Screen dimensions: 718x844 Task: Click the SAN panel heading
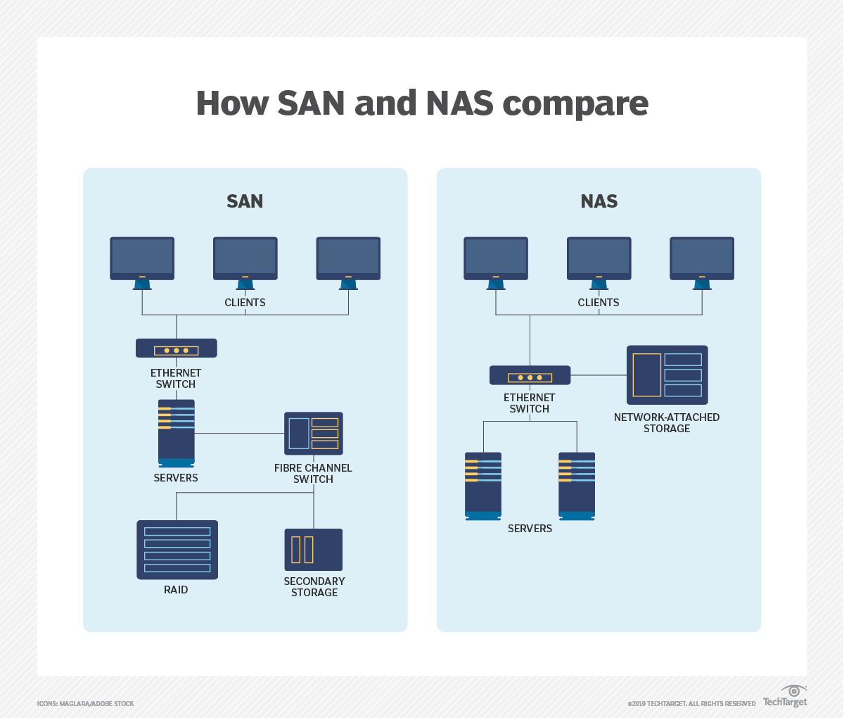point(245,201)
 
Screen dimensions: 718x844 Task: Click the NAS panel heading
point(599,201)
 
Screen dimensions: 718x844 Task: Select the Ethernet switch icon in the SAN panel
point(177,348)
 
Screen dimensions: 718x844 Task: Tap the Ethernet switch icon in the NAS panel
point(530,375)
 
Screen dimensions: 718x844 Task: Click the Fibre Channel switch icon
point(314,434)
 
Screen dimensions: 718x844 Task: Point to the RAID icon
point(177,550)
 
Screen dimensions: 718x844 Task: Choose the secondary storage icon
point(314,550)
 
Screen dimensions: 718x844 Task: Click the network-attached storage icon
point(667,374)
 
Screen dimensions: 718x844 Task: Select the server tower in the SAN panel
point(176,433)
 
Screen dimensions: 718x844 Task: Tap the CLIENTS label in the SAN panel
point(245,303)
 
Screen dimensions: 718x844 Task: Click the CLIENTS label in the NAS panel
point(599,303)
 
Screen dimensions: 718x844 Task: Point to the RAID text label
point(176,590)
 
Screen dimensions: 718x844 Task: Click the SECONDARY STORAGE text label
point(314,587)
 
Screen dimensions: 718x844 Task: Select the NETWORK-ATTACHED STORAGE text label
point(667,423)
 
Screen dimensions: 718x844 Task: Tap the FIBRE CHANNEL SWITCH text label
point(313,474)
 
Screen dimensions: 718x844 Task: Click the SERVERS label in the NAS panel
point(530,529)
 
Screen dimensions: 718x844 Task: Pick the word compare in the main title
point(576,104)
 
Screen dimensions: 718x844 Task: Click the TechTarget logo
point(786,697)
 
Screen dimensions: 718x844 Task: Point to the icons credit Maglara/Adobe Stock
point(85,704)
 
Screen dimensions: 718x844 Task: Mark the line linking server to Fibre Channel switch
point(239,434)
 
